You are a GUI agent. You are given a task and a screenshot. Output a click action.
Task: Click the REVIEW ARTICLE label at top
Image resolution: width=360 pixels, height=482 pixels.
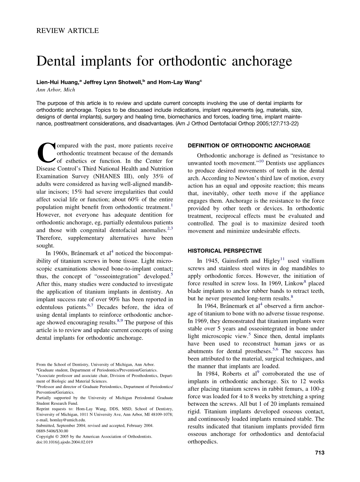[x=67, y=31]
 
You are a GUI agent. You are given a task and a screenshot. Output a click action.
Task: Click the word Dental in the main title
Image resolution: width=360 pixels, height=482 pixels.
[x=58, y=61]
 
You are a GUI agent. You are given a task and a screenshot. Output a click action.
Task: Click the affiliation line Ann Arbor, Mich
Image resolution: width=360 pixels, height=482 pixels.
[x=56, y=90]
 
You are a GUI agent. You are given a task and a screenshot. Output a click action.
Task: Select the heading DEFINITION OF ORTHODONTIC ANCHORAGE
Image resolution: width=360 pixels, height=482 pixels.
[x=249, y=146]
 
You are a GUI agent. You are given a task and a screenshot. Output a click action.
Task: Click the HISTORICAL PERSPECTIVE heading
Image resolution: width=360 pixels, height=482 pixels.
[x=225, y=251]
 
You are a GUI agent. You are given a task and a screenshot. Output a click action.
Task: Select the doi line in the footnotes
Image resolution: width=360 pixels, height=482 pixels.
[x=64, y=442]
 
